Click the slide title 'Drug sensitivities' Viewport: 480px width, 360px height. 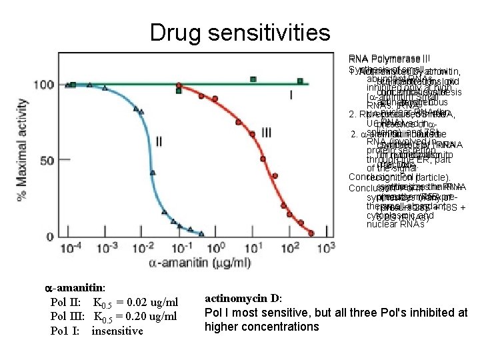(240, 31)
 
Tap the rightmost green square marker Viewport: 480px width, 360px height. (301, 81)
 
